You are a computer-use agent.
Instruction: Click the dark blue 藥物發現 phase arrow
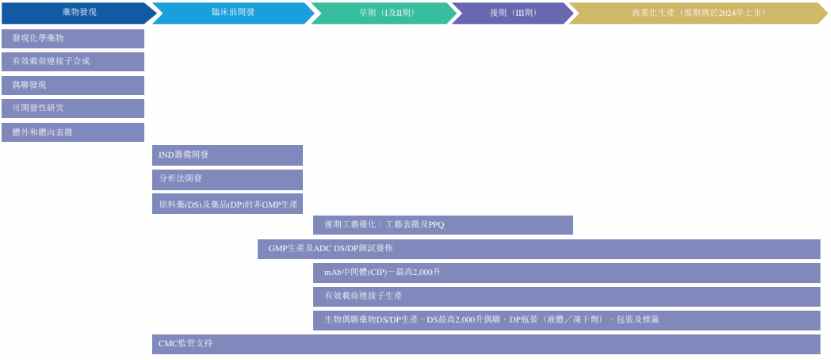tap(74, 13)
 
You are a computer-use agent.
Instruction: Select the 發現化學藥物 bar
tap(72, 38)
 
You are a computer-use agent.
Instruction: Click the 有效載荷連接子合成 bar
tap(72, 61)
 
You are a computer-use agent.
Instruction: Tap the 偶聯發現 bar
tap(72, 85)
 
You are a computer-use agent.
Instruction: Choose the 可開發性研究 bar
tap(72, 108)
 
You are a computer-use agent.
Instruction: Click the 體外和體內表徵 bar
tap(72, 132)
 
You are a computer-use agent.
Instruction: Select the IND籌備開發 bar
tap(227, 155)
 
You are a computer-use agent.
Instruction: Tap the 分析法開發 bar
tap(227, 179)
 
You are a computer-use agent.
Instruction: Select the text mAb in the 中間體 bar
tap(331, 273)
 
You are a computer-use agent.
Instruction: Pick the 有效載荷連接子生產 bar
tap(566, 296)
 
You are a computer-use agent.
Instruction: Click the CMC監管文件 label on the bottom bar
tap(186, 344)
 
